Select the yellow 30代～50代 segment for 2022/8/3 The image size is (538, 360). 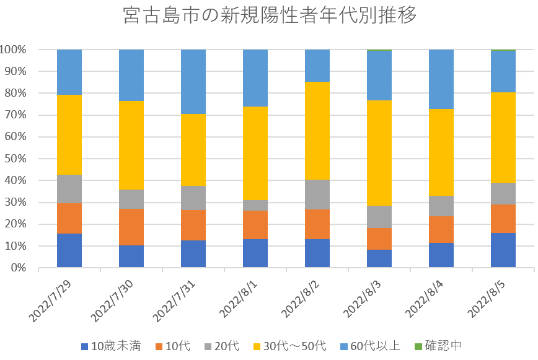379,152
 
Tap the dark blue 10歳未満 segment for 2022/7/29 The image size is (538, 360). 69,250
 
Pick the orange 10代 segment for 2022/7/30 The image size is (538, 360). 131,227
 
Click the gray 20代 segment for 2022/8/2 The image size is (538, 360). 317,194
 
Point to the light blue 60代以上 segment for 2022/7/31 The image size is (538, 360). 193,81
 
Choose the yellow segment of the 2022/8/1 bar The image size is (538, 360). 255,154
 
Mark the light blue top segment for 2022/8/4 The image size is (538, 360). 441,79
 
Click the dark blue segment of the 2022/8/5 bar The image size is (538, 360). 503,250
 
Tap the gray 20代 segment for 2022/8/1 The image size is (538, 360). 255,205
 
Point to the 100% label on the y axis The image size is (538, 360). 14,50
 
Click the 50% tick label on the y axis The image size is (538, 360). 16,159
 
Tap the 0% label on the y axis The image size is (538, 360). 19,268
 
